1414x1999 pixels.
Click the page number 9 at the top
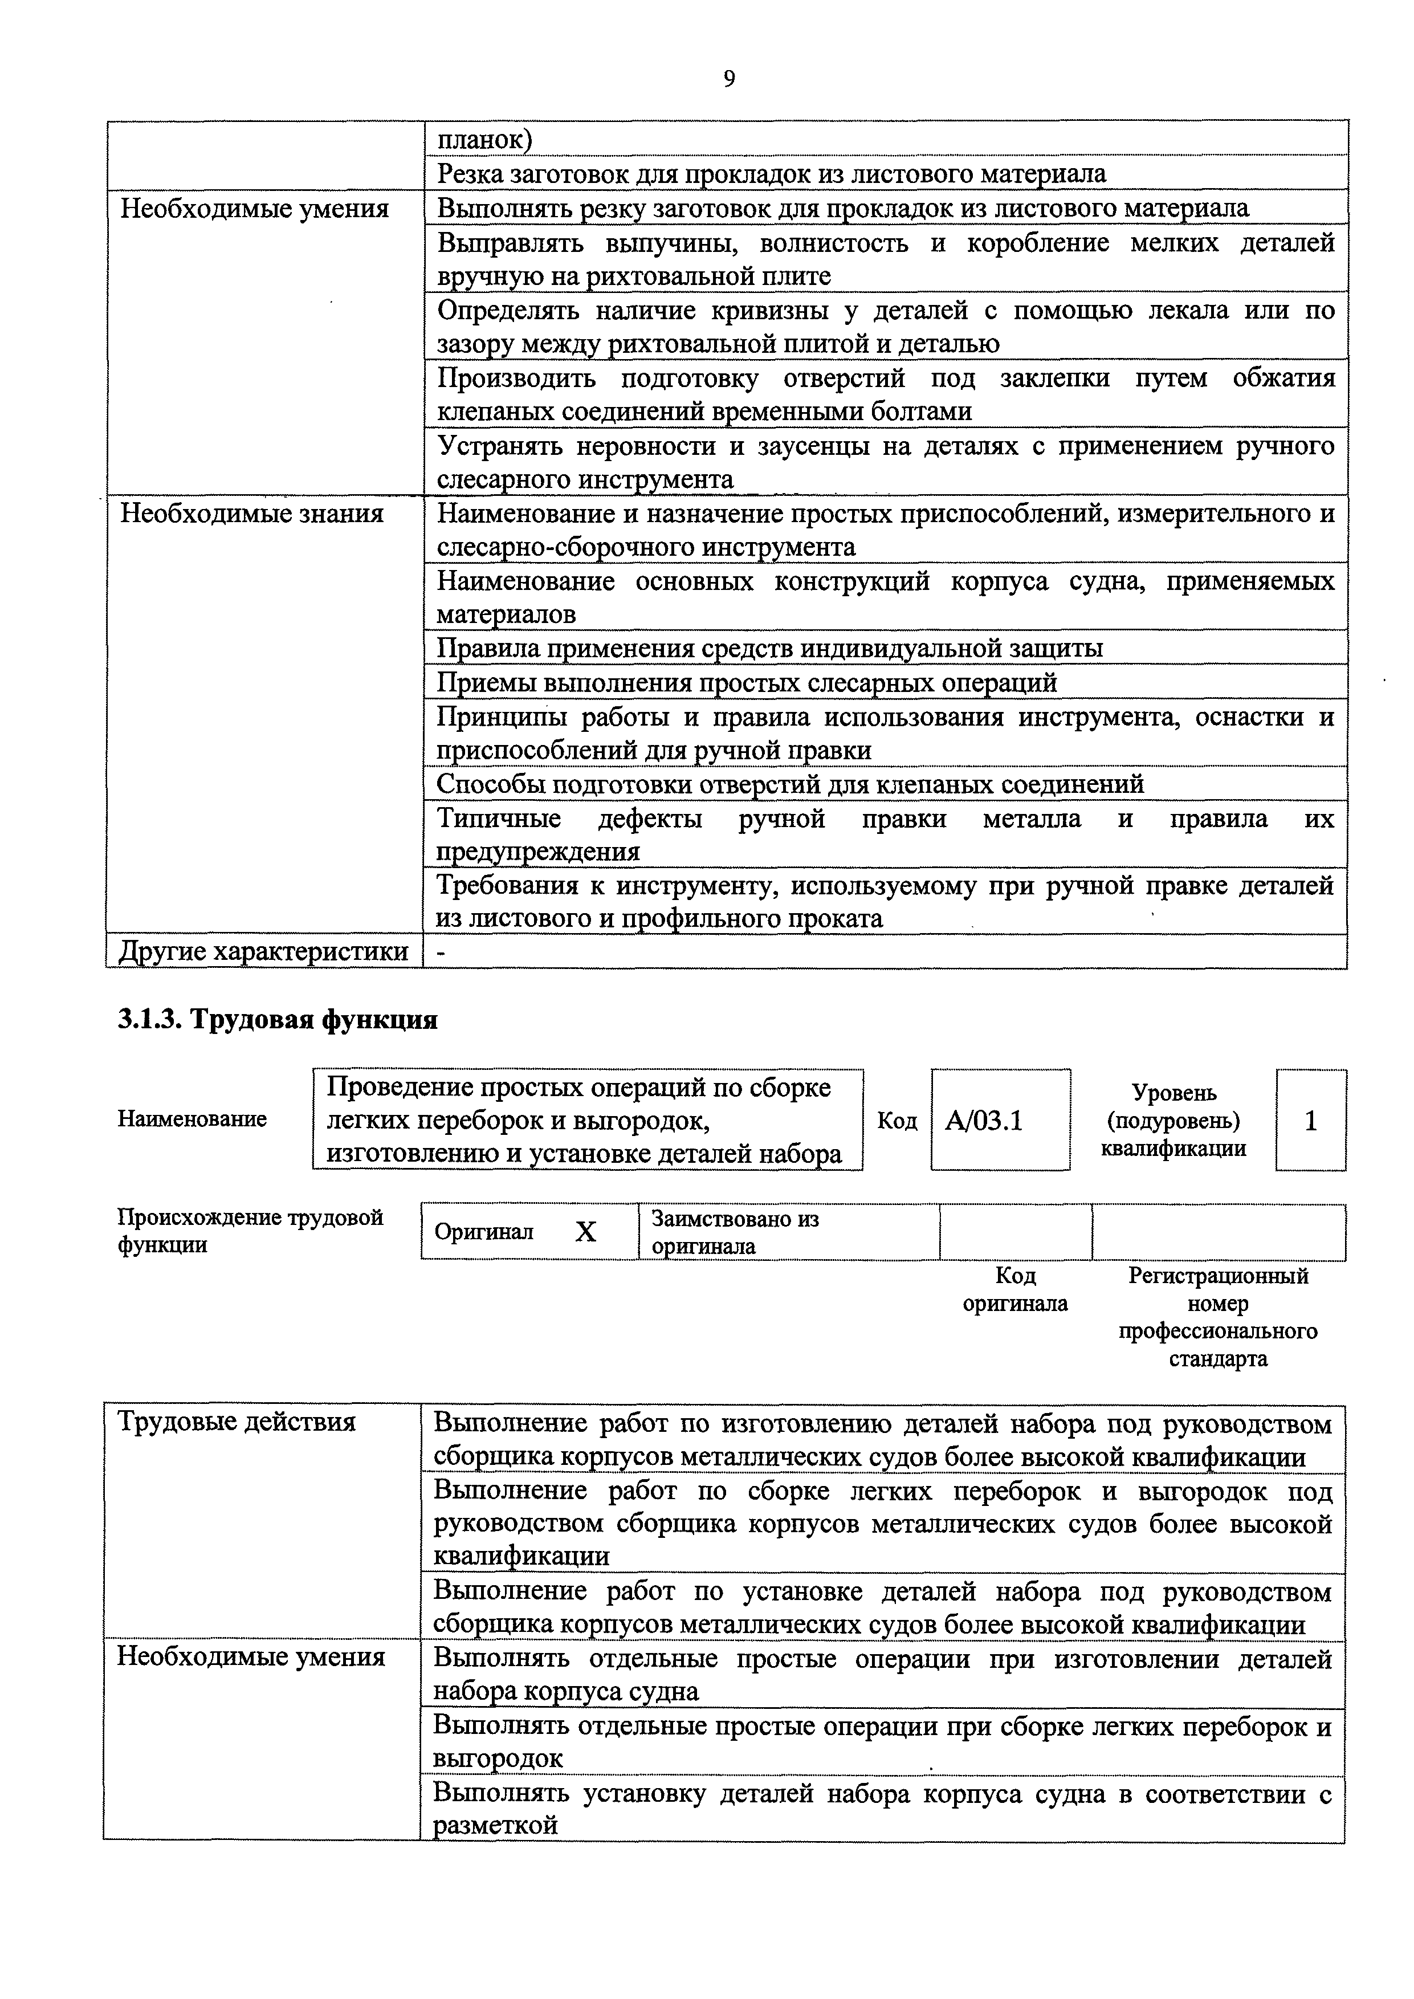(x=729, y=79)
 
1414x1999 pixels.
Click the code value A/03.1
(x=983, y=1121)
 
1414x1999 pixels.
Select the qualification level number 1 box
(x=1310, y=1121)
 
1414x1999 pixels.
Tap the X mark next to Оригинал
(x=586, y=1232)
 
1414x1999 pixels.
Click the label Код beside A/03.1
(x=897, y=1121)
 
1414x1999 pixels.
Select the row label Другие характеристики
(x=263, y=951)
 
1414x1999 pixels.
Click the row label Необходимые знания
(x=252, y=514)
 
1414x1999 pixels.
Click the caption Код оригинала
(x=1015, y=1289)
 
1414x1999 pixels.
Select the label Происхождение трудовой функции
(x=250, y=1230)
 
